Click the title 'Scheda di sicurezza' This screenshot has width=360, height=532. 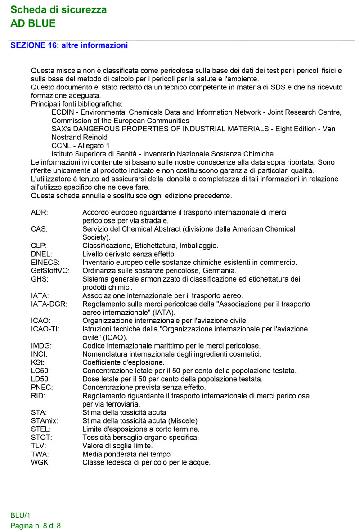coord(58,9)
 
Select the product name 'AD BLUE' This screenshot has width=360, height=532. coord(33,23)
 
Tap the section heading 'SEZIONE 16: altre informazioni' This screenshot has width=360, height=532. coord(69,45)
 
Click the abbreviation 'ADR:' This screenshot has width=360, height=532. coord(40,212)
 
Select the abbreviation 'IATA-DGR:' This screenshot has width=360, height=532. coord(49,304)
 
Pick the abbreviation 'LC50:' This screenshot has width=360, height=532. coord(40,371)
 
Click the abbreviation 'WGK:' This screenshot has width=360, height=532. coord(40,462)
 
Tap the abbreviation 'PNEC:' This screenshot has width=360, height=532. coord(41,387)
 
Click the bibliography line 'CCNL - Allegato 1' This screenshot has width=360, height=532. coord(81,146)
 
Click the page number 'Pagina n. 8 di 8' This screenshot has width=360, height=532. coord(36,526)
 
